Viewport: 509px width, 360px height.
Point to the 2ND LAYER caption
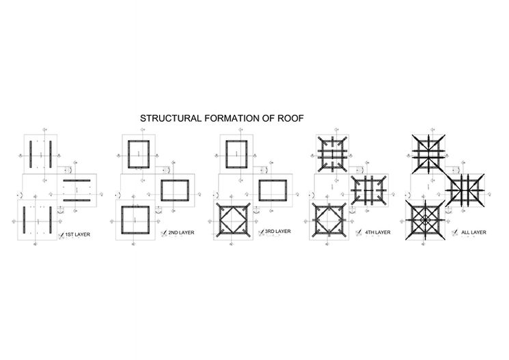tap(180, 233)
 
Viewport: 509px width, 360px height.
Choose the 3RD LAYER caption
tap(277, 232)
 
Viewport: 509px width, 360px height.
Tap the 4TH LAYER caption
tap(377, 232)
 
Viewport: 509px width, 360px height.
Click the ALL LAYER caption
tap(473, 233)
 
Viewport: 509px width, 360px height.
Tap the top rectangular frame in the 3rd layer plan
tap(237, 153)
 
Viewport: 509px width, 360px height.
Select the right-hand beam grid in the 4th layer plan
tap(370, 189)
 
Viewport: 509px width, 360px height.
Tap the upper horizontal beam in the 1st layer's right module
tap(80, 181)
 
